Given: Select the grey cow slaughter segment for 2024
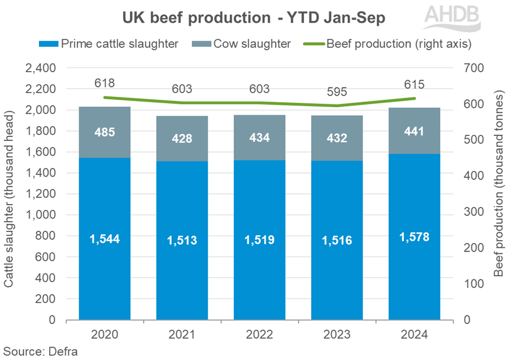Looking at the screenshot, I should coord(414,130).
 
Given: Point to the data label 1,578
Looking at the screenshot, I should coord(414,237).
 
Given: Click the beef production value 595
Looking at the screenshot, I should coord(337,93).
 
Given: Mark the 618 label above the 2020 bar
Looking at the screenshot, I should coord(104,83).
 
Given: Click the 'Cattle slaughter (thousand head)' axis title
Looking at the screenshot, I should coord(10,195).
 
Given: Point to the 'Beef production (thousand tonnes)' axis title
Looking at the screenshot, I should coord(498,195).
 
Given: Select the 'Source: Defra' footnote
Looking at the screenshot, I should coord(38,351).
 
